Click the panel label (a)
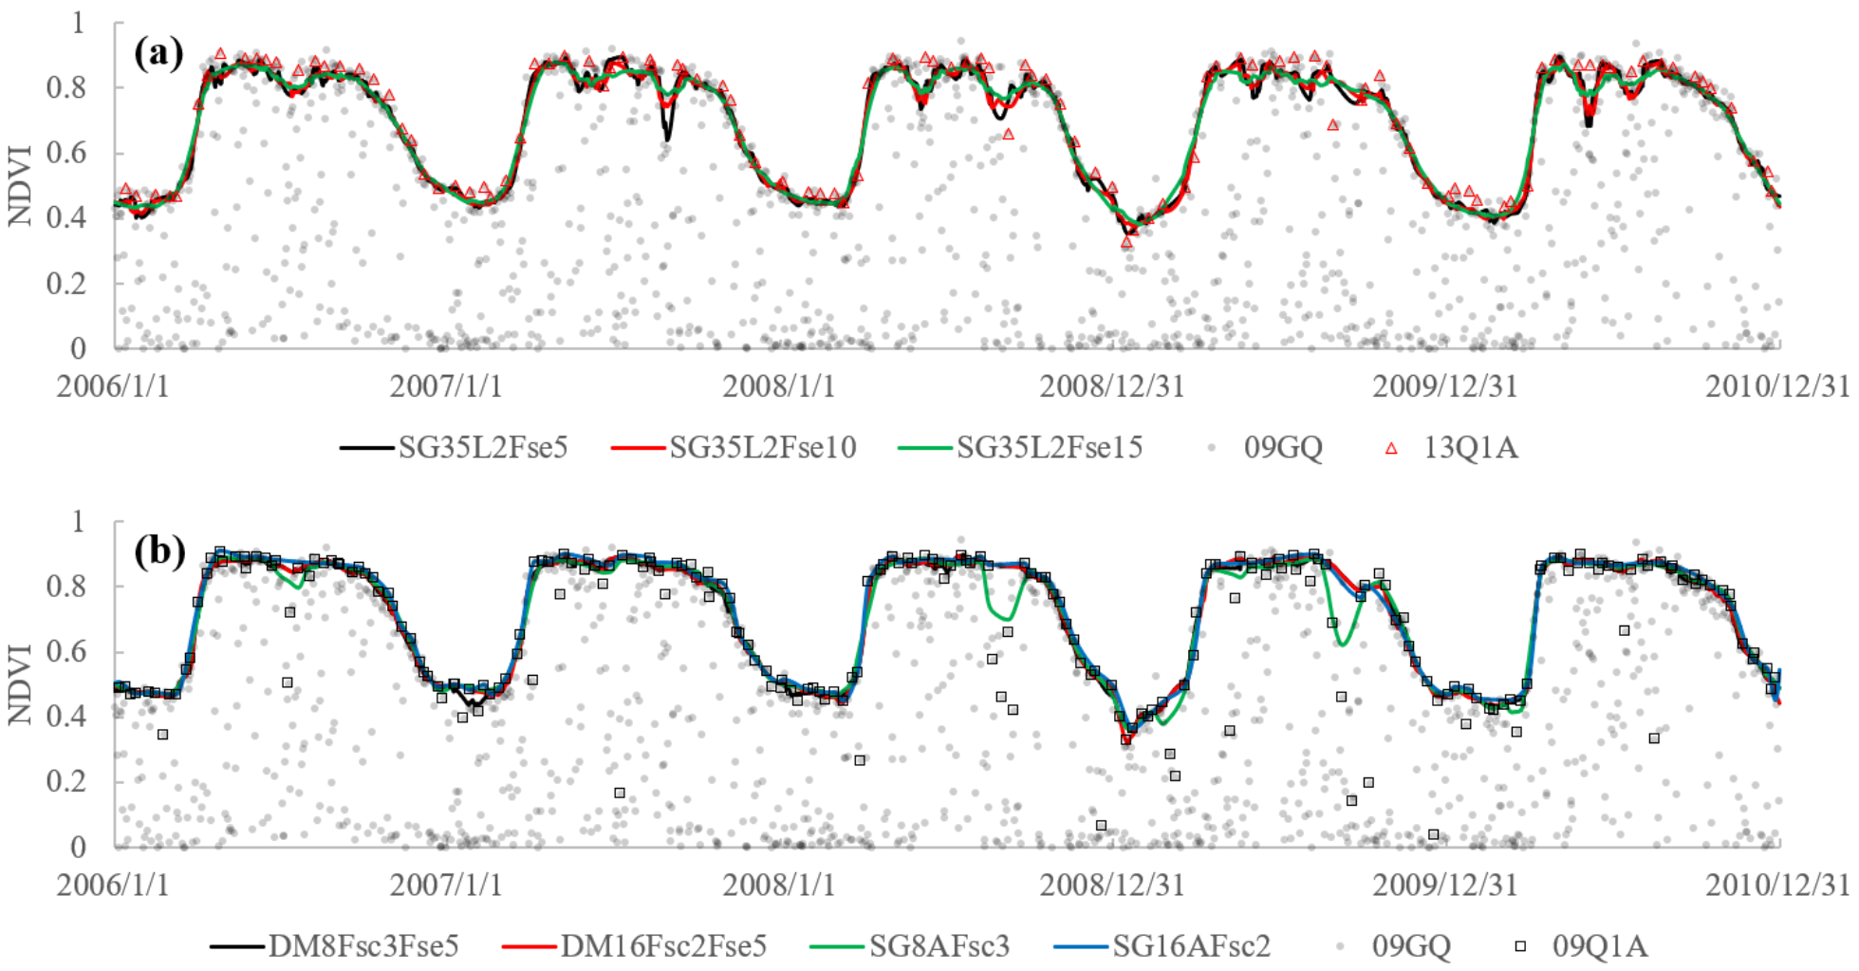tap(158, 53)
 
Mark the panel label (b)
tap(159, 551)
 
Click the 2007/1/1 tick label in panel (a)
tap(446, 386)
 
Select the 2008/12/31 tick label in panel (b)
tap(1112, 885)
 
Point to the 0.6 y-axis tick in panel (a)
tap(66, 152)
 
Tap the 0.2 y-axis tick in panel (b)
tap(66, 781)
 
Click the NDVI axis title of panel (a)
tap(21, 185)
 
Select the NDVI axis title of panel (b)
tap(21, 683)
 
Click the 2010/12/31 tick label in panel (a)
tap(1777, 386)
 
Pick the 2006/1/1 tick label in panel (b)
tap(113, 885)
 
